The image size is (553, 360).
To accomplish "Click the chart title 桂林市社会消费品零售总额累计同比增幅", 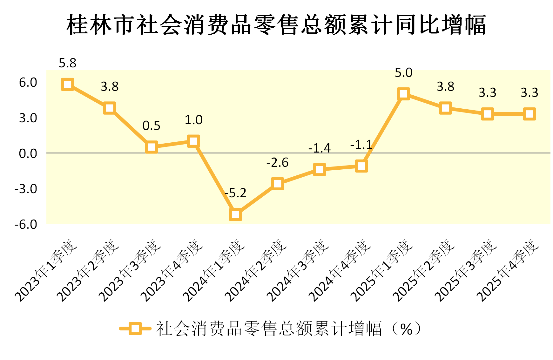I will click(276, 25).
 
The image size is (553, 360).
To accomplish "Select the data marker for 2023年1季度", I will click(68, 85).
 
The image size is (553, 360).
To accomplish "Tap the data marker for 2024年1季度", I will click(235, 214).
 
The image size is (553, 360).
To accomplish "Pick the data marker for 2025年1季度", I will click(403, 94).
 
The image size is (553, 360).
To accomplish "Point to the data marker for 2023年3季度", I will click(152, 147).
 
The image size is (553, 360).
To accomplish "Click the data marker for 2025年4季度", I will click(529, 114).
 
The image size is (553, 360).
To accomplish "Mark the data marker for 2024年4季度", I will click(361, 166).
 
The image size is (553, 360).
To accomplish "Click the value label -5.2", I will click(235, 193).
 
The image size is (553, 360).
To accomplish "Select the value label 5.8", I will click(68, 63).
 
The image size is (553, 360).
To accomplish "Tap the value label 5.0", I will click(403, 73).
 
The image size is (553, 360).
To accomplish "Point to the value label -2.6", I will click(277, 163).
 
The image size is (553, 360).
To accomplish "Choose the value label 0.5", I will click(152, 126).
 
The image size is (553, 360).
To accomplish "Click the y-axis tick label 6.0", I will click(28, 83).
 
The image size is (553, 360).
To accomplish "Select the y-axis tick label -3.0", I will click(26, 189).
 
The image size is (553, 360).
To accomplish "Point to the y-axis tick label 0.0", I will click(28, 154).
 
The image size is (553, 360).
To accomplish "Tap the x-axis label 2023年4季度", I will click(172, 270).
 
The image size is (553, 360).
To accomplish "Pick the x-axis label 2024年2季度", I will click(255, 270).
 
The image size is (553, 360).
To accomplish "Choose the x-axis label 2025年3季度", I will click(465, 270).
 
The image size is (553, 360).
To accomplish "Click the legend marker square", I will click(135, 329).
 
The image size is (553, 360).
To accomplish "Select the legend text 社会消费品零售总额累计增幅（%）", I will click(289, 329).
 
